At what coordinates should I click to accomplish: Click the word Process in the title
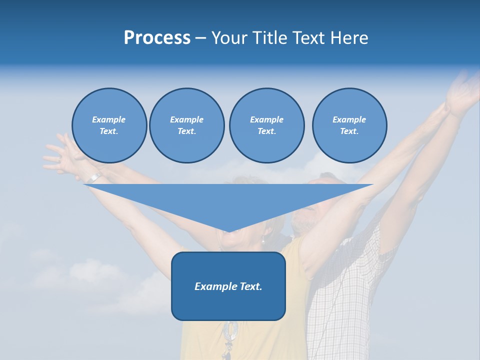157,38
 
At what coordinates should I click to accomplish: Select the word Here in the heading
348,38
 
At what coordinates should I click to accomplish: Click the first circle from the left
109,125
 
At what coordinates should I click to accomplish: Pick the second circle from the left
186,125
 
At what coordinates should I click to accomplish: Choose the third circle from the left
266,125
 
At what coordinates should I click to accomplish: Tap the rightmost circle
349,125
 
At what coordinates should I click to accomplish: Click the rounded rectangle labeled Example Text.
228,286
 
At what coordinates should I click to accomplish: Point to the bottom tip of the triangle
228,231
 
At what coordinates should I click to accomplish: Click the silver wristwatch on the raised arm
93,177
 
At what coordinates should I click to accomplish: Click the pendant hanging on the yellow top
231,332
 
